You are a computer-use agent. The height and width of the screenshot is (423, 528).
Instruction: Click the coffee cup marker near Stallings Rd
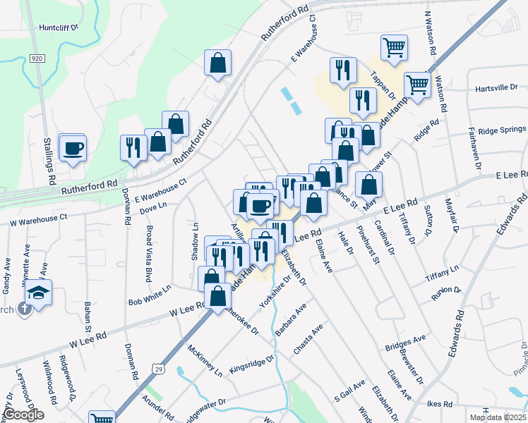click(72, 148)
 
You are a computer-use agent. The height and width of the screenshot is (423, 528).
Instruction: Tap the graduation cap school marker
click(39, 293)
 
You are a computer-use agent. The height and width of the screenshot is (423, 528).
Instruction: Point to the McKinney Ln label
click(205, 360)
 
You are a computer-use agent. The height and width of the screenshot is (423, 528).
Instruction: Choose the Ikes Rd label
click(439, 404)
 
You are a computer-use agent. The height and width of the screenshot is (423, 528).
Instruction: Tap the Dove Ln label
click(152, 206)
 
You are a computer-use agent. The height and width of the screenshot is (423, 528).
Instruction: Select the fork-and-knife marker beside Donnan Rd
click(132, 147)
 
